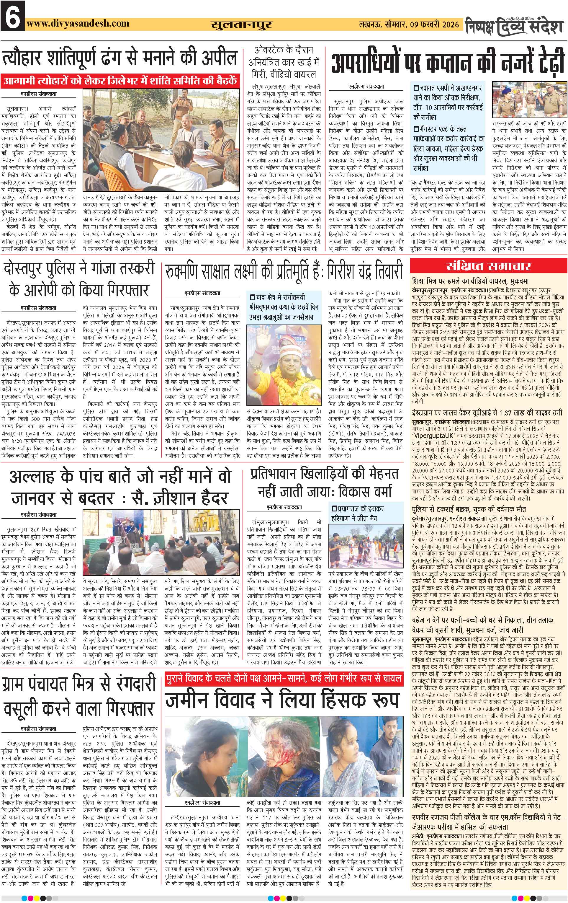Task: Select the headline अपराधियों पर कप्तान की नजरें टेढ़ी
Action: (x=447, y=63)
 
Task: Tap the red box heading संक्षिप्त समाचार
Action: (x=489, y=266)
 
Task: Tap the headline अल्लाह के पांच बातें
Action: (x=120, y=488)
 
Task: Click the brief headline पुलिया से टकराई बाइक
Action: (x=469, y=509)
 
